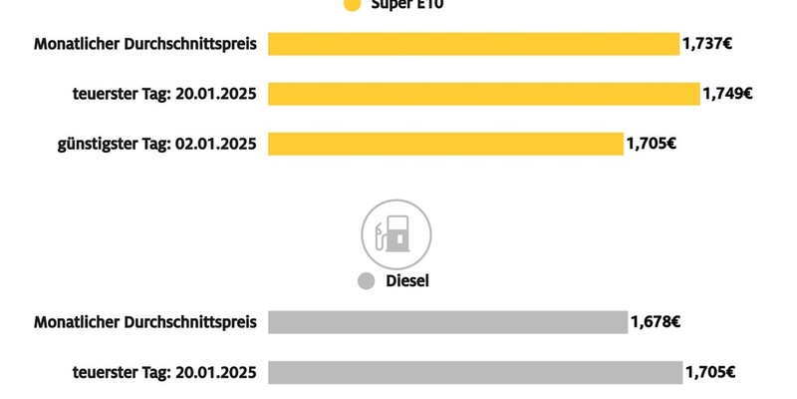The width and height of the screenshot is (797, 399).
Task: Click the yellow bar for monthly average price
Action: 473,44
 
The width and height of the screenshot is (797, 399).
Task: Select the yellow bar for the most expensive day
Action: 484,94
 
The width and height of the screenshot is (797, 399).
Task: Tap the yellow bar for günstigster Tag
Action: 445,144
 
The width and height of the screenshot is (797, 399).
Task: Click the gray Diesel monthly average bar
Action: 447,322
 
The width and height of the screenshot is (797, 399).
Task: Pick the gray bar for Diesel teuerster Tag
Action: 474,372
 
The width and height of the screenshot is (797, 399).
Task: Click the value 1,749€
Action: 727,94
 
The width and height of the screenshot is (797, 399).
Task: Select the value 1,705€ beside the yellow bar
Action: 652,144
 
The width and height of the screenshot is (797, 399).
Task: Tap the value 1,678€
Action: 655,322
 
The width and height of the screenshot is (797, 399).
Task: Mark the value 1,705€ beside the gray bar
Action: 710,372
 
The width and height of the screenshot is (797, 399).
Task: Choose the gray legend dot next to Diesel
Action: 367,281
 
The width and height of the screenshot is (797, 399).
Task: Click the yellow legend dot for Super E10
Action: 351,5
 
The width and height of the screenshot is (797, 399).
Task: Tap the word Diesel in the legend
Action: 407,281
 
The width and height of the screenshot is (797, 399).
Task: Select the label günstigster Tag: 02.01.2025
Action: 157,144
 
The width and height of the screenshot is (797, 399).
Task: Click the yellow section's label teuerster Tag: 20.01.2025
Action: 165,94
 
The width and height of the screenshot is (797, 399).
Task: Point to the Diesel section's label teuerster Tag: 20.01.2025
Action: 165,372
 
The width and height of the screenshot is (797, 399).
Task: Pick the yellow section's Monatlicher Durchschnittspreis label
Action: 145,44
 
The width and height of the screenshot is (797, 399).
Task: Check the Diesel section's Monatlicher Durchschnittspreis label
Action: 145,322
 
